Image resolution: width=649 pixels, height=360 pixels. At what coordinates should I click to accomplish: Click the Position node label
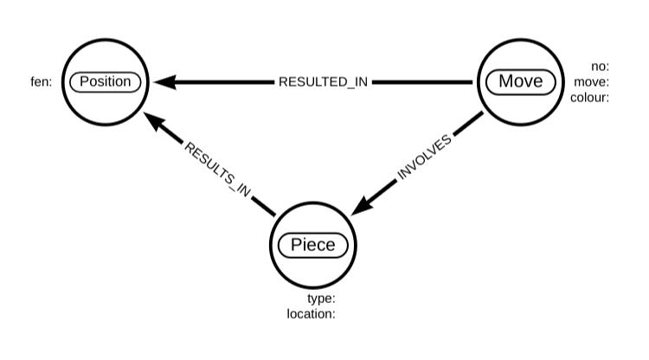[105, 81]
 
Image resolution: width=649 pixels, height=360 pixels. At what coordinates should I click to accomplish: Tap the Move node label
[520, 81]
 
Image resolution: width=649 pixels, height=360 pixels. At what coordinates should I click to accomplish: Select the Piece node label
[313, 245]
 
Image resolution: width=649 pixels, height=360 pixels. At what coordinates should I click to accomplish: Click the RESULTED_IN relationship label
[323, 82]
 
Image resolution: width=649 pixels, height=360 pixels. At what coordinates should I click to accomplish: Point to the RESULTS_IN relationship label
[217, 170]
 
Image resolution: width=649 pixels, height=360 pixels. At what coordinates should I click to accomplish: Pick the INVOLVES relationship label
[424, 157]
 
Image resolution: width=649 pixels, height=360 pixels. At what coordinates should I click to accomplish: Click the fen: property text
[42, 82]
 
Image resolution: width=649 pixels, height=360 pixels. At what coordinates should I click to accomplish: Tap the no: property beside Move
[601, 67]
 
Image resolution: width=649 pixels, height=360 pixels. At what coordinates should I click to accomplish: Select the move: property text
[592, 82]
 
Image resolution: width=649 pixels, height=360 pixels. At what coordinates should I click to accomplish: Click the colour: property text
[590, 98]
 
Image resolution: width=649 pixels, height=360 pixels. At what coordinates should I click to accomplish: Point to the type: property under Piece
[321, 299]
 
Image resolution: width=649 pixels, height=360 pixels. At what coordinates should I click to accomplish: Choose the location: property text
[311, 313]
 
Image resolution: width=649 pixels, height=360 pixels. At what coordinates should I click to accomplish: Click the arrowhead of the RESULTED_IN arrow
[164, 82]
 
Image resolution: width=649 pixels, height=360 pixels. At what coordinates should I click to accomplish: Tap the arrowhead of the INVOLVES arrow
[363, 205]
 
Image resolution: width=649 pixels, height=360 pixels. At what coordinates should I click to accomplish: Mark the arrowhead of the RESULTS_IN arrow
[155, 121]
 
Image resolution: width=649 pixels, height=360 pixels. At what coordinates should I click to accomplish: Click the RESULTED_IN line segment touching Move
[422, 82]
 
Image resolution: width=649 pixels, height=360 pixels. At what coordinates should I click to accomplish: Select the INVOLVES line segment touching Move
[468, 123]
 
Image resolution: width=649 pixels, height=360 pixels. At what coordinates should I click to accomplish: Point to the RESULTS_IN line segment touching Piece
[263, 206]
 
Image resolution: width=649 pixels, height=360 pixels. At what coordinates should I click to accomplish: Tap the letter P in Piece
[296, 245]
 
